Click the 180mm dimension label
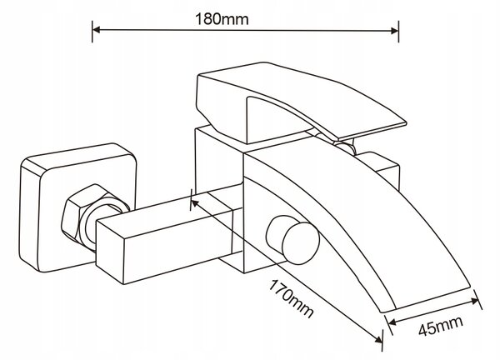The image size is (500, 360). coord(222,19)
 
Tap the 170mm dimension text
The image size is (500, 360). coord(290,298)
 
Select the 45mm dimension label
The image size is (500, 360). coord(440,326)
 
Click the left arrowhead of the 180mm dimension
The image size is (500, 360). coord(97,30)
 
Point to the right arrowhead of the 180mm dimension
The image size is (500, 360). coord(395,31)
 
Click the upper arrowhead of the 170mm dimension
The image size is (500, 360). coord(194,203)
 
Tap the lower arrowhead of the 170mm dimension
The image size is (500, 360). coord(379,339)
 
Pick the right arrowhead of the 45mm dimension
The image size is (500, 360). coord(475,301)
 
